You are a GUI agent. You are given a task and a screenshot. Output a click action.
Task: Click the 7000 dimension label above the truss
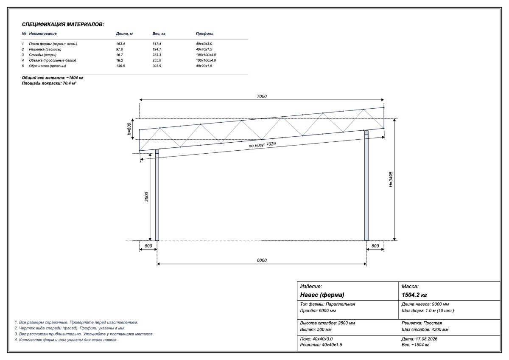262,96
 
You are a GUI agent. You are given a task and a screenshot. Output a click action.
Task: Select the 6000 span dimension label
262,260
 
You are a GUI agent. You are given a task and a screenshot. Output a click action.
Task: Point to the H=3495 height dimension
391,180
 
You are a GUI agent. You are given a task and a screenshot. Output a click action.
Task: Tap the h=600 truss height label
129,129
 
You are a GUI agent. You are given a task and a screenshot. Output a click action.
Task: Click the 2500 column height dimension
146,197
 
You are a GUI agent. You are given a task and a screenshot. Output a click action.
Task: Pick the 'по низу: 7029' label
262,145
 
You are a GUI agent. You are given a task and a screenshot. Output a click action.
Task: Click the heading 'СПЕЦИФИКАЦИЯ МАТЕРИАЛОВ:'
63,25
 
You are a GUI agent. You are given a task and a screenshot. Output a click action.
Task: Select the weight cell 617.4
157,44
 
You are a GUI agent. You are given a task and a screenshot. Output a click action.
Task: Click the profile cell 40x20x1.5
204,66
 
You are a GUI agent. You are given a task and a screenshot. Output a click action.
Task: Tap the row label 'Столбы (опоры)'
42,55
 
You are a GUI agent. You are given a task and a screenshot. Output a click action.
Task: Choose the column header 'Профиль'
204,34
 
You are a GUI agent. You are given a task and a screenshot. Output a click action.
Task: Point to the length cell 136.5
120,66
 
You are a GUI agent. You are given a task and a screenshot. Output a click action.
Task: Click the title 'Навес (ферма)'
322,295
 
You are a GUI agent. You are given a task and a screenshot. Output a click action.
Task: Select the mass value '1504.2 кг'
414,295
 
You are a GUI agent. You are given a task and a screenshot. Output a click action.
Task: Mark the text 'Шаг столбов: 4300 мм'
425,329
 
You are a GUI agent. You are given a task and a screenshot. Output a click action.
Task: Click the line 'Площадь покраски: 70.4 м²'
49,83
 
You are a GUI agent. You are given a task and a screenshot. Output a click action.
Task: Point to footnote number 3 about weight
84,334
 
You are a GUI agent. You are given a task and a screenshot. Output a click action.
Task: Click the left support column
157,195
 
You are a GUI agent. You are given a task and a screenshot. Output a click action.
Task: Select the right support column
366,186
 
